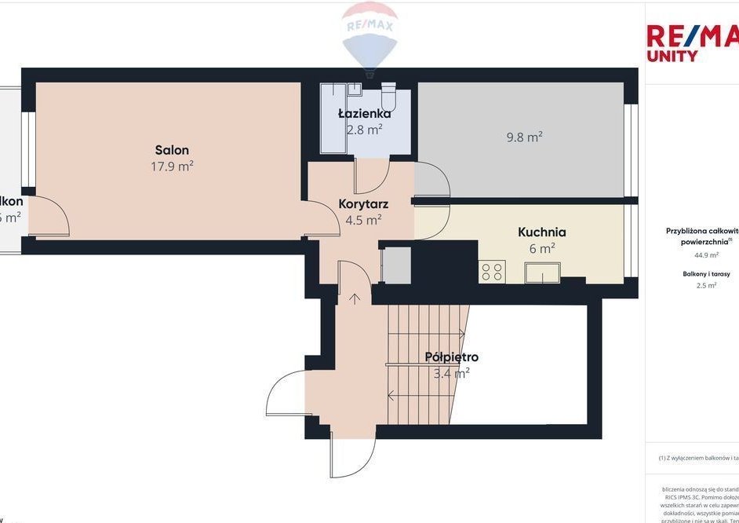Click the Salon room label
click(x=172, y=150)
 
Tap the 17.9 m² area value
click(x=172, y=166)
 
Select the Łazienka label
click(x=364, y=114)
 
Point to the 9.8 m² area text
click(x=525, y=137)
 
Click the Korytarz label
click(x=363, y=204)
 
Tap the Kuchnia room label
click(x=541, y=232)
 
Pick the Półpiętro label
click(x=451, y=357)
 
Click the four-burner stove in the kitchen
click(x=493, y=272)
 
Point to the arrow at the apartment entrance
click(x=354, y=298)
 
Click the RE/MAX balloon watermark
click(x=369, y=35)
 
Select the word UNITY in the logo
click(x=672, y=57)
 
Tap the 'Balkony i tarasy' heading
click(x=706, y=274)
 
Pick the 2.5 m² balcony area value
click(x=706, y=286)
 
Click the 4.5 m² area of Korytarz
click(x=363, y=221)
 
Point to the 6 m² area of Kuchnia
click(x=541, y=247)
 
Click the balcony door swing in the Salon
click(x=52, y=216)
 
